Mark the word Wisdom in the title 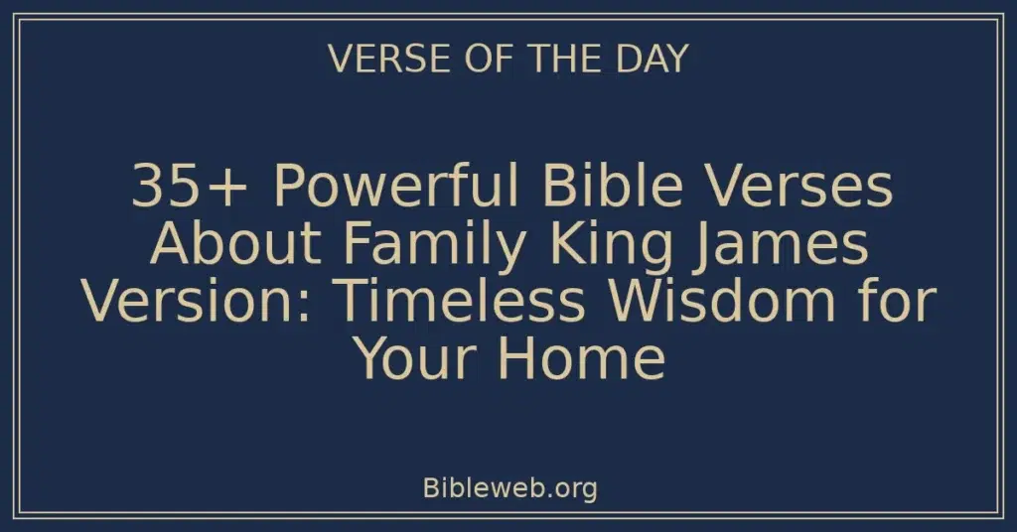click(720, 303)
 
